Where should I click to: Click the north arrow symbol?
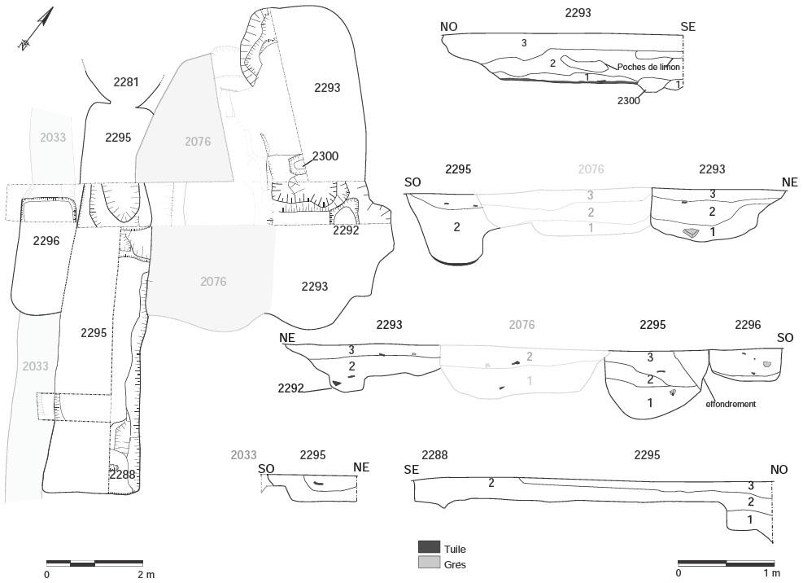(x=36, y=28)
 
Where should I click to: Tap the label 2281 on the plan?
(x=126, y=82)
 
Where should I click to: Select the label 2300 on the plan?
(x=325, y=156)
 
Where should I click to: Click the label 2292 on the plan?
(x=346, y=230)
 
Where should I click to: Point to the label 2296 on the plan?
(x=46, y=241)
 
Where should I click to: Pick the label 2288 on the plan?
(x=122, y=474)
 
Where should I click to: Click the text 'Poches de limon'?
(x=648, y=67)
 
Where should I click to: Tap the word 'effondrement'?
(x=731, y=404)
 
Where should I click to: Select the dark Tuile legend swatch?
(x=429, y=546)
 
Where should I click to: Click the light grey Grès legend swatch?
(x=429, y=563)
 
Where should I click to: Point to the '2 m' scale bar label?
(x=146, y=574)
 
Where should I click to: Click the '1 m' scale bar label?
(x=772, y=572)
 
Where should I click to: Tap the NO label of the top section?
(x=448, y=27)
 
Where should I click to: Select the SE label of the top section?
(x=687, y=27)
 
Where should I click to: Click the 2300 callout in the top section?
(x=628, y=100)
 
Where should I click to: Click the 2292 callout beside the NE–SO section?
(x=291, y=388)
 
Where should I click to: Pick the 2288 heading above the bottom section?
(x=434, y=455)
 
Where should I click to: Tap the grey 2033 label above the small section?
(x=243, y=455)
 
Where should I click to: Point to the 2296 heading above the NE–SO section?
(x=748, y=325)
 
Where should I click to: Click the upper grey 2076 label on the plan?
(x=198, y=142)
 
